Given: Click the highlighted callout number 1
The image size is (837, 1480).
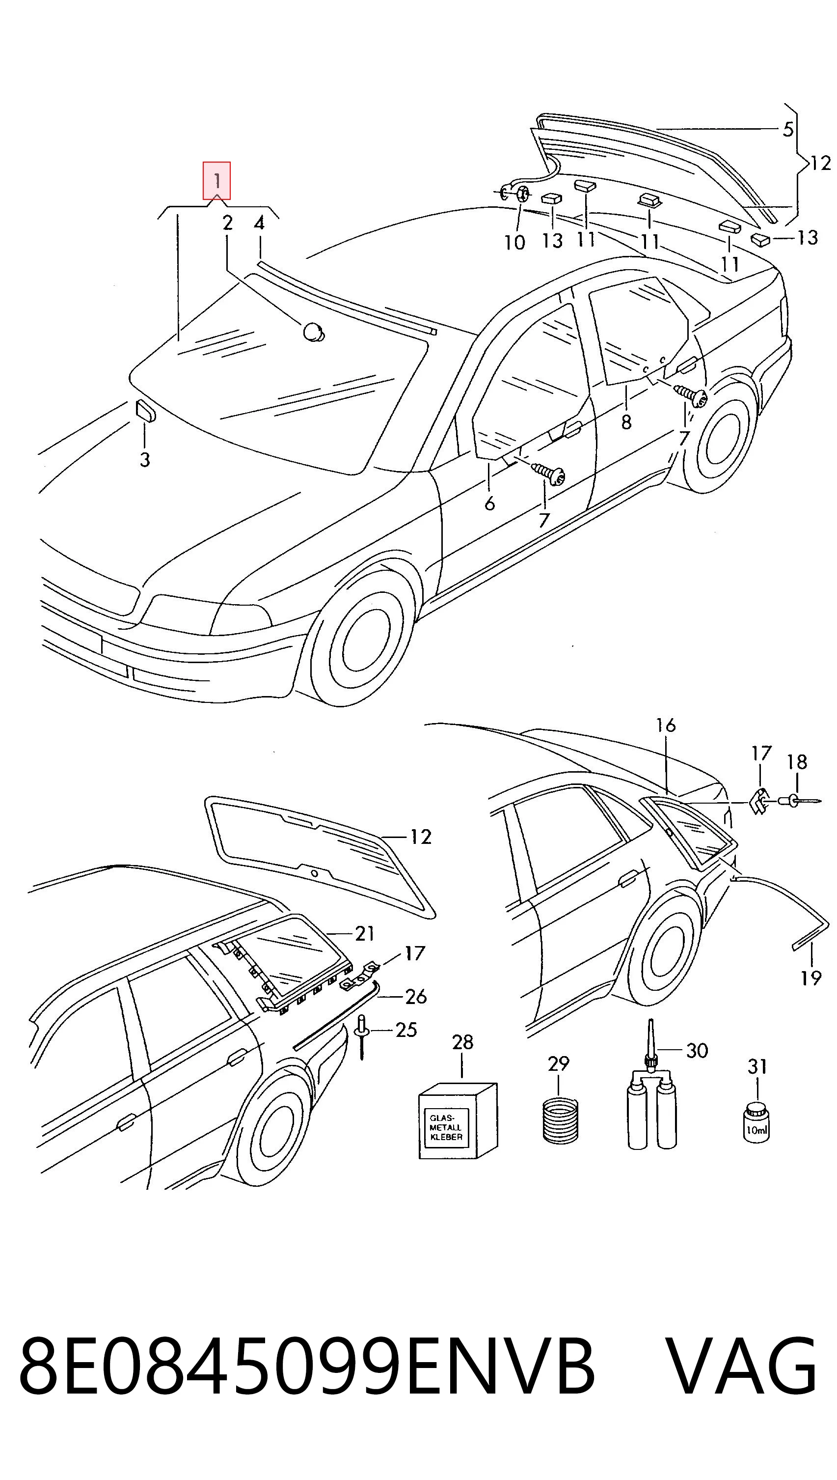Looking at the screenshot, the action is point(216,181).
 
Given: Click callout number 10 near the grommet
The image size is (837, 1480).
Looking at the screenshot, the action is point(515,242).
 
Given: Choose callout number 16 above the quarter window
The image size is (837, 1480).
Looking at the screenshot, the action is point(666,726).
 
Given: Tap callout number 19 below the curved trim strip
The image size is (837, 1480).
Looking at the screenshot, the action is point(810,977).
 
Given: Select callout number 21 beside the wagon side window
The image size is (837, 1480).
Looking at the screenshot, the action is point(364,933).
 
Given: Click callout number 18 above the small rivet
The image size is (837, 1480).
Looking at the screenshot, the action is point(797,762).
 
